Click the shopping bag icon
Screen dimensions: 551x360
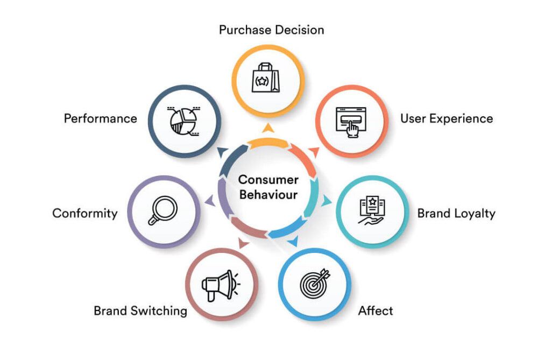tap(266, 77)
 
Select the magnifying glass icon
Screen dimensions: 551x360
tap(163, 210)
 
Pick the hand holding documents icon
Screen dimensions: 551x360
tap(372, 210)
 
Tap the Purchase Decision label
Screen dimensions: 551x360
tap(271, 30)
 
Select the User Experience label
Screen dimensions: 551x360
tap(447, 119)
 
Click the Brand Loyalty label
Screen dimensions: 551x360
tap(456, 214)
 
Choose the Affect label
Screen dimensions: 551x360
tap(375, 311)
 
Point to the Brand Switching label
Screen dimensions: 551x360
tap(140, 311)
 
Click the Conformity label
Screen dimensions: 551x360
tap(84, 214)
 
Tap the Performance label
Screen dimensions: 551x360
tap(100, 119)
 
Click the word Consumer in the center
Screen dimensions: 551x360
tap(269, 180)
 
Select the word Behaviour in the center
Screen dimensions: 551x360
tap(269, 195)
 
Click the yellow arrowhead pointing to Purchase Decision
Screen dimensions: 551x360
tap(268, 128)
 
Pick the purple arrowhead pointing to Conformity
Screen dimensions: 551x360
tap(210, 201)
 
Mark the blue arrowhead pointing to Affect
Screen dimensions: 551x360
tap(293, 241)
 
